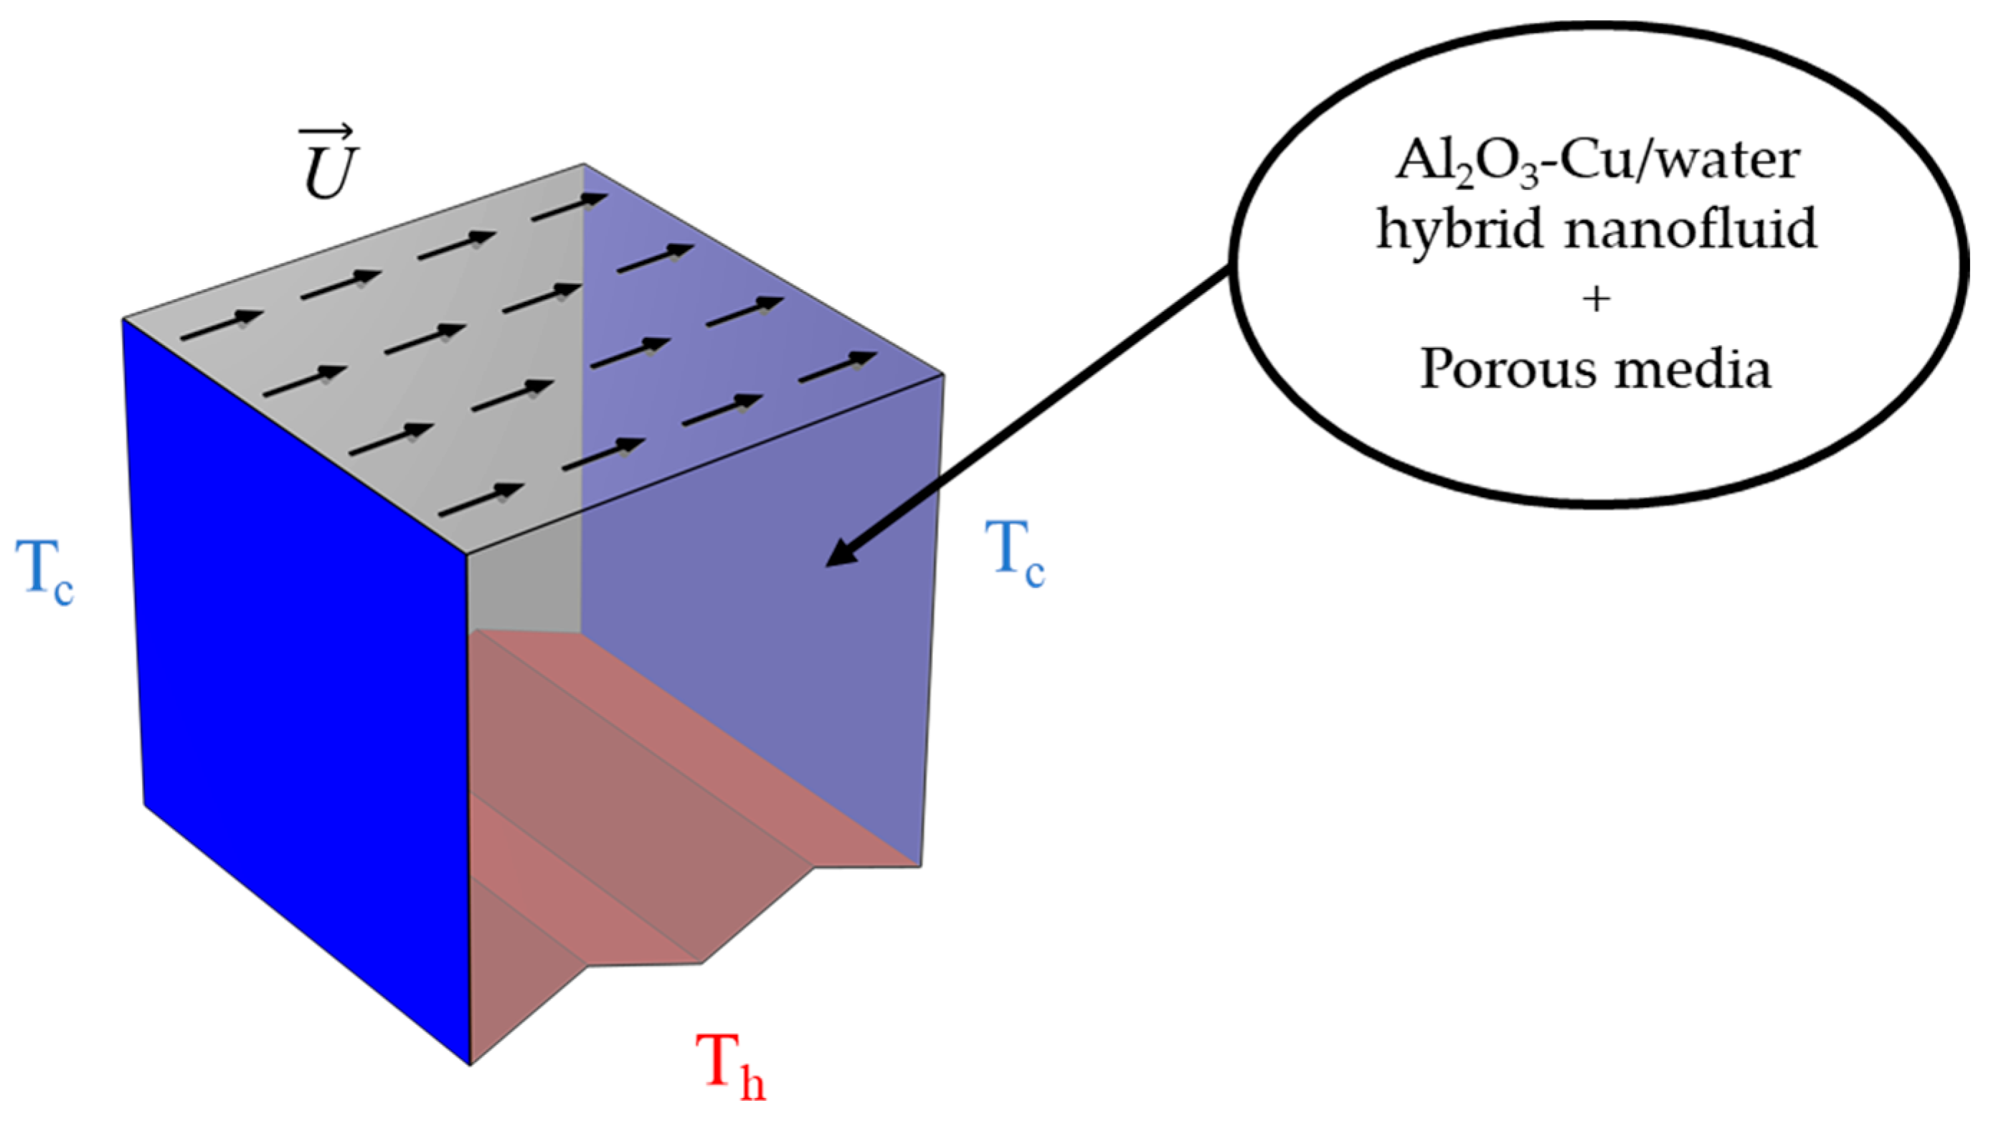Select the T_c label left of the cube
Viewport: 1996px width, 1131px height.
45,572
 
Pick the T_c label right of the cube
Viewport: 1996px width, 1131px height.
1015,554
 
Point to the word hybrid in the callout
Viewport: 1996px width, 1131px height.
1460,231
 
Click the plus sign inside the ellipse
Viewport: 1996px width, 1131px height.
1596,300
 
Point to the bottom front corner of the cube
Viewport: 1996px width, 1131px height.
470,1064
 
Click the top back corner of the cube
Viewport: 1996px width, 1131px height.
584,165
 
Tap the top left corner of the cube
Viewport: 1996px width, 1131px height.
123,318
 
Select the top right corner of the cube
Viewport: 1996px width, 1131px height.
943,374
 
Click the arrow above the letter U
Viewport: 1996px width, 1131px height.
327,134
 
